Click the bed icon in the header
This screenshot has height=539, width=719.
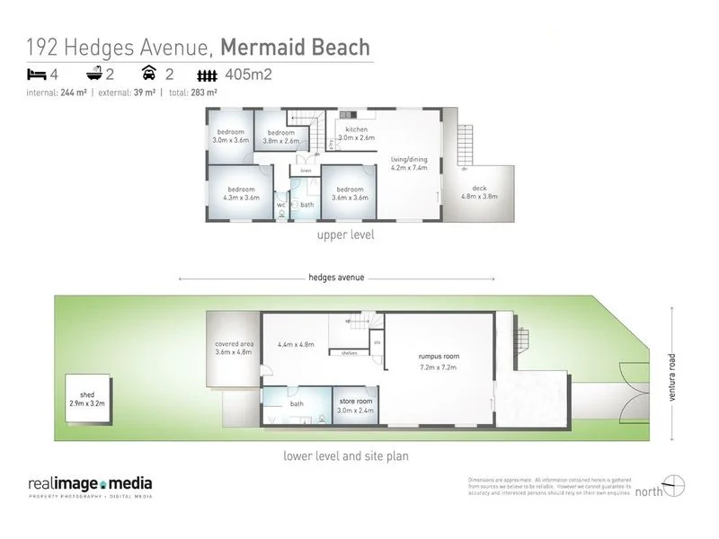click(x=36, y=75)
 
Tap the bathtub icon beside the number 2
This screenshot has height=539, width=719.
click(x=94, y=75)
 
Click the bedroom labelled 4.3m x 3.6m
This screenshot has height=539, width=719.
click(x=241, y=193)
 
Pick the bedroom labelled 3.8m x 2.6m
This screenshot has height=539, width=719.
click(x=280, y=137)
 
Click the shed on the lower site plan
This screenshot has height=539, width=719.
click(x=87, y=399)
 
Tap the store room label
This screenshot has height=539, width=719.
click(x=355, y=405)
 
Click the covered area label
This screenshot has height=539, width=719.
click(x=233, y=347)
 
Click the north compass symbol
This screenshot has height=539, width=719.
click(x=675, y=485)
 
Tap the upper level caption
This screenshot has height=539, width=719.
click(x=344, y=235)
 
